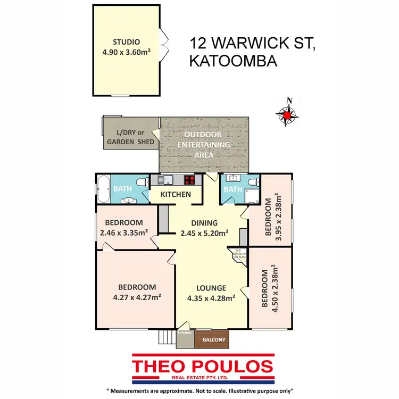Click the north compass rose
pos(288,113)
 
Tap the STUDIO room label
pos(126,42)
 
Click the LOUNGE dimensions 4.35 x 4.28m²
pos(211,298)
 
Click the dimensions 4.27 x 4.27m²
pos(137,297)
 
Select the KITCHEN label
pos(176,194)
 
